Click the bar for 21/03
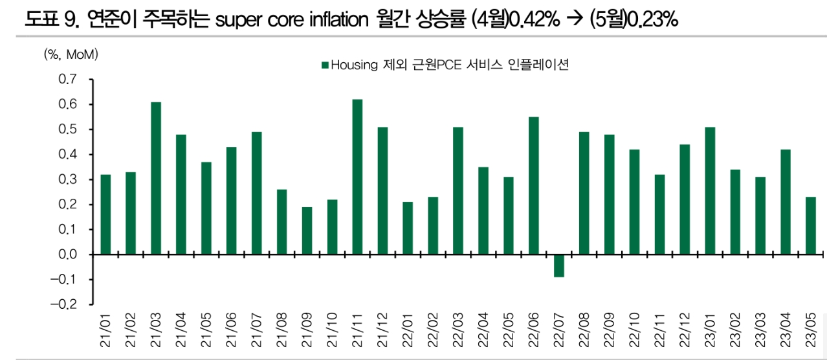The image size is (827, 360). point(156,178)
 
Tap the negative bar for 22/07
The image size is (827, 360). point(558,265)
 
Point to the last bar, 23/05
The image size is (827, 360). point(810,225)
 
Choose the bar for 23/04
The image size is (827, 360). point(785,202)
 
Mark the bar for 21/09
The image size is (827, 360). point(307,231)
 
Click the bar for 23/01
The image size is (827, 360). point(710,190)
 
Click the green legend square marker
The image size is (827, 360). point(325,65)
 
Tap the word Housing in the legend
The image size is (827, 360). point(349,65)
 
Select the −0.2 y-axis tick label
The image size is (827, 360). point(63,304)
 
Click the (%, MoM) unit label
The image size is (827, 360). point(71,55)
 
